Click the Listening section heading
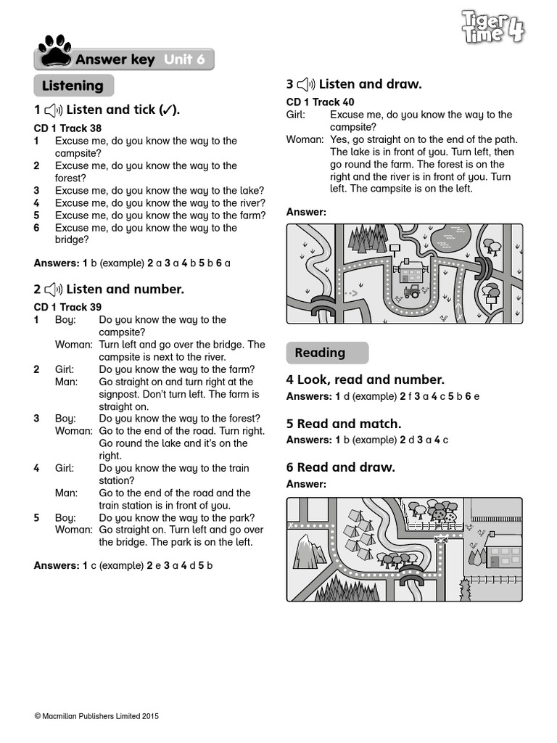tap(73, 86)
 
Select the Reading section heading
tap(320, 353)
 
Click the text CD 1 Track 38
tap(67, 128)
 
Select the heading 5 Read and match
tap(344, 424)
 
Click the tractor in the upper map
tap(411, 292)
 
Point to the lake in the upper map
tap(450, 235)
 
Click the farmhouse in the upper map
tap(411, 274)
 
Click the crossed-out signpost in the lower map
tap(440, 540)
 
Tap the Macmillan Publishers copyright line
tap(96, 716)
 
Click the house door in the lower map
tap(494, 562)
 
